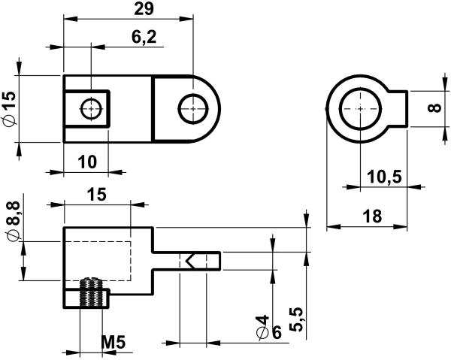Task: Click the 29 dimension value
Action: click(144, 9)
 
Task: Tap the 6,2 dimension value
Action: click(144, 37)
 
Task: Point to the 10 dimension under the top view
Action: click(87, 162)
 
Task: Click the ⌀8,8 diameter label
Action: click(13, 220)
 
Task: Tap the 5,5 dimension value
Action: click(296, 319)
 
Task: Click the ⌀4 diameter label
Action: click(262, 327)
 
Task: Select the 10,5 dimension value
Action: click(385, 177)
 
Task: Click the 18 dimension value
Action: click(372, 216)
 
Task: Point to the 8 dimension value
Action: click(434, 107)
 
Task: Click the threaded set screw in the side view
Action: click(91, 293)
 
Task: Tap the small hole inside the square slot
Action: click(92, 109)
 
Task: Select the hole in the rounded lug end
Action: click(193, 109)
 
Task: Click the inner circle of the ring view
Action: click(360, 109)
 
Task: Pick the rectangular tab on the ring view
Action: click(398, 109)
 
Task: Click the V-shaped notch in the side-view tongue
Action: click(190, 261)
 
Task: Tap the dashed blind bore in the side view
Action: click(98, 261)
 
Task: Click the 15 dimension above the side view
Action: click(97, 195)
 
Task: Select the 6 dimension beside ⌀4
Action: click(276, 333)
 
